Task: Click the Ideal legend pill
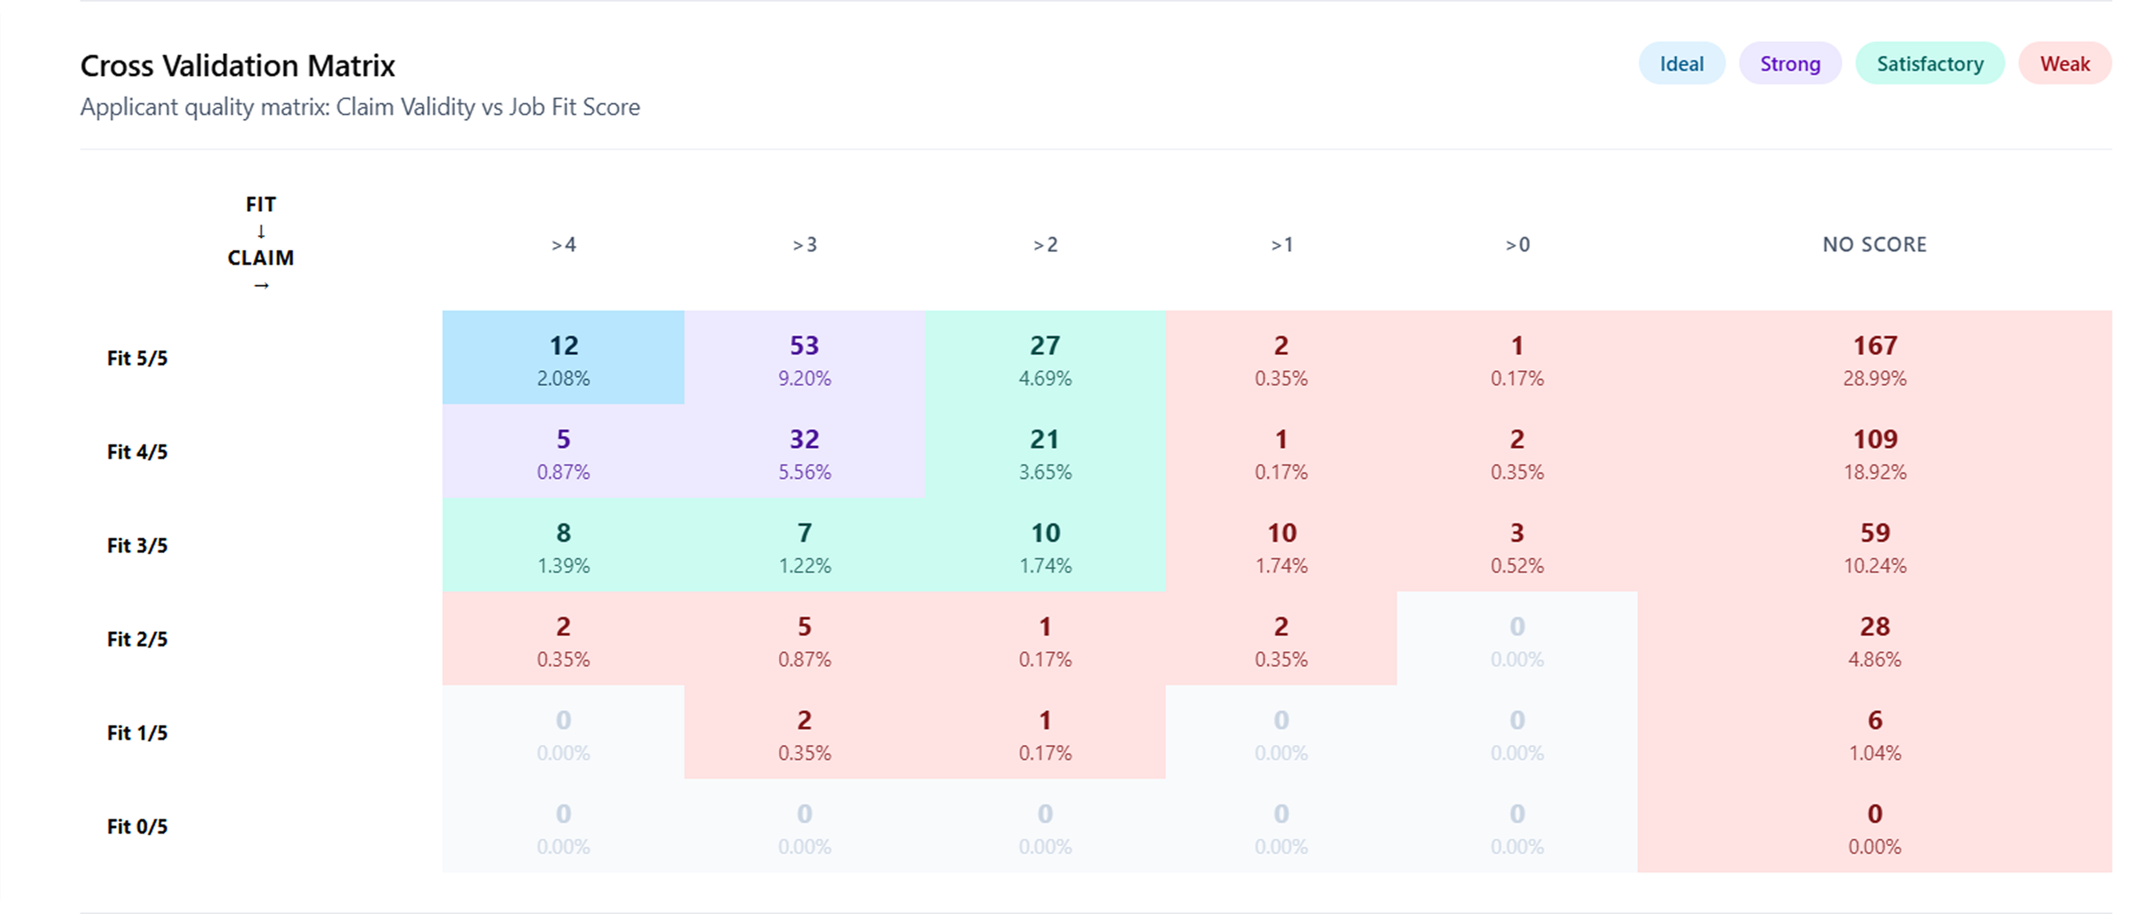(x=1681, y=64)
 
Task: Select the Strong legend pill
(x=1790, y=64)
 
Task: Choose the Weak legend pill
(x=2064, y=64)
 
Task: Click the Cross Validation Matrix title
(x=237, y=65)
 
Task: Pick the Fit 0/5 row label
(x=137, y=826)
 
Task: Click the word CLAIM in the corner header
(x=260, y=258)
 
